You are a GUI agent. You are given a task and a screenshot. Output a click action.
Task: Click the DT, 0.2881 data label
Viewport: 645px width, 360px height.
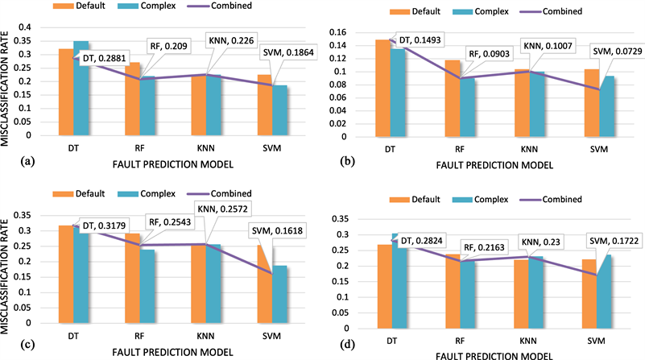(x=98, y=58)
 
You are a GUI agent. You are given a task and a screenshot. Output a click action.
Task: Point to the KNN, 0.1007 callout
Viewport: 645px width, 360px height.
(x=547, y=46)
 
